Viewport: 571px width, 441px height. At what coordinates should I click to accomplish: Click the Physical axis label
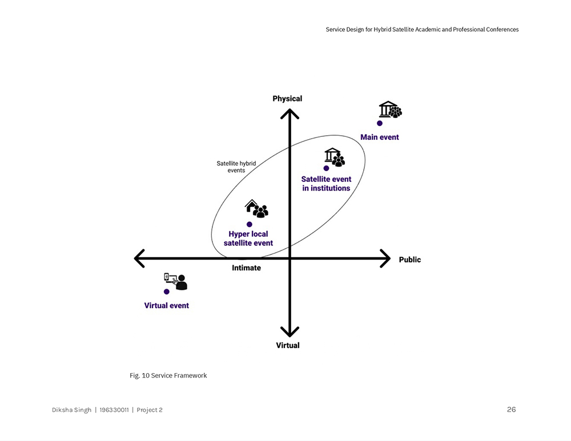pyautogui.click(x=287, y=99)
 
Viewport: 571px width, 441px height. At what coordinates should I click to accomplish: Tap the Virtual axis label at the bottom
pyautogui.click(x=288, y=345)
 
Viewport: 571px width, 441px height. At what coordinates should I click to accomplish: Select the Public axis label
pyautogui.click(x=409, y=260)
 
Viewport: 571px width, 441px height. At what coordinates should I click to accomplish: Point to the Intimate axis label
pyautogui.click(x=246, y=268)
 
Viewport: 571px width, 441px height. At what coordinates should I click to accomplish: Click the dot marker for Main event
pyautogui.click(x=380, y=123)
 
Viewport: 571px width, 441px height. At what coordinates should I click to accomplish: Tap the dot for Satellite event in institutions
pyautogui.click(x=326, y=168)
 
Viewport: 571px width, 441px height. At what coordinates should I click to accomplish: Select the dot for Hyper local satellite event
pyautogui.click(x=250, y=224)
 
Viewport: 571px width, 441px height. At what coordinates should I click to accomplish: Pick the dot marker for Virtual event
pyautogui.click(x=167, y=292)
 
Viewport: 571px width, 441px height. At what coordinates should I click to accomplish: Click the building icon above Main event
pyautogui.click(x=390, y=110)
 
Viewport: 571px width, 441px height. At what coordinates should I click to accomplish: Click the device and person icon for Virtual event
pyautogui.click(x=175, y=281)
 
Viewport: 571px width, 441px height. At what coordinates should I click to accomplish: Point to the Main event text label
pyautogui.click(x=380, y=137)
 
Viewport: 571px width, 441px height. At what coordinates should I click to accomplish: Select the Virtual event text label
pyautogui.click(x=166, y=305)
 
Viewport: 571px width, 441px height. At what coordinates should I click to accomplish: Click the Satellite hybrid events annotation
pyautogui.click(x=236, y=167)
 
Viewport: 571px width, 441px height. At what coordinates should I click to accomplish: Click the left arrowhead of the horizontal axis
pyautogui.click(x=139, y=258)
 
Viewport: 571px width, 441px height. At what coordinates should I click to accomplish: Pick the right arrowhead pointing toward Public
pyautogui.click(x=385, y=258)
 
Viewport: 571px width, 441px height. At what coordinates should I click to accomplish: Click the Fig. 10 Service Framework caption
pyautogui.click(x=168, y=375)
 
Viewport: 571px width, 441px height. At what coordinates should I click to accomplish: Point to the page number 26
pyautogui.click(x=511, y=410)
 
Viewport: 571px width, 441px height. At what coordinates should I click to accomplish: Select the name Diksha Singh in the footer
pyautogui.click(x=71, y=410)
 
